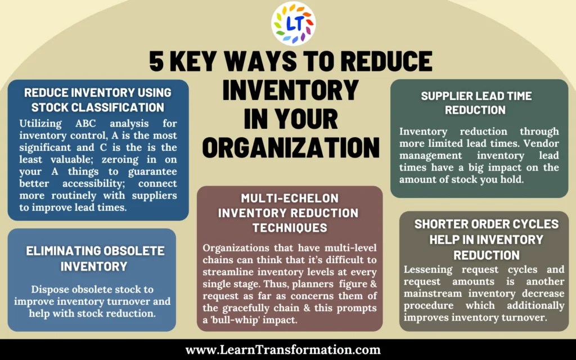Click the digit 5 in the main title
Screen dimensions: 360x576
coord(156,61)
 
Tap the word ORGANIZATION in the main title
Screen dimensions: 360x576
coord(291,147)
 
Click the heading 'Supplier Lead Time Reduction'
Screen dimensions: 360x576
coord(476,102)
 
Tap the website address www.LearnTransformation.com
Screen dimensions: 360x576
coord(283,350)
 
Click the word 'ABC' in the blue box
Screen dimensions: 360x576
coord(82,123)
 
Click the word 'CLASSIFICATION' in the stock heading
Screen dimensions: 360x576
coord(119,107)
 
